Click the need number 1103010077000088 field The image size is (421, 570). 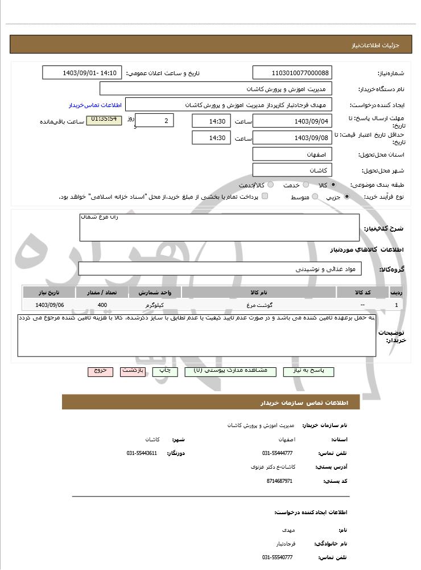click(x=292, y=73)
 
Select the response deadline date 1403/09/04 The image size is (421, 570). click(x=292, y=121)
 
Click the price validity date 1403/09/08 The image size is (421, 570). click(x=292, y=138)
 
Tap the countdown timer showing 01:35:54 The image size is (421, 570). click(x=104, y=120)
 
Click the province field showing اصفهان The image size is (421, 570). click(x=292, y=154)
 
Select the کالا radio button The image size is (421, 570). click(x=333, y=185)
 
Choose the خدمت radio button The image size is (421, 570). click(x=306, y=185)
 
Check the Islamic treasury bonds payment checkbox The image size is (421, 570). click(x=265, y=196)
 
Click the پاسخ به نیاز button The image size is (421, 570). click(x=308, y=371)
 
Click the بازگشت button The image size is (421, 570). click(x=133, y=371)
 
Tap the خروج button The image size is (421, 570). click(x=100, y=371)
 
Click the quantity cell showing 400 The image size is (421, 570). click(x=102, y=305)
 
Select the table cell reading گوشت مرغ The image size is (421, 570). click(x=259, y=305)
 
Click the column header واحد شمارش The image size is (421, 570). click(x=155, y=293)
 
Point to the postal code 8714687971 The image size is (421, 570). click(x=279, y=481)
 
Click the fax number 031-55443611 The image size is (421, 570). click(x=142, y=453)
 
